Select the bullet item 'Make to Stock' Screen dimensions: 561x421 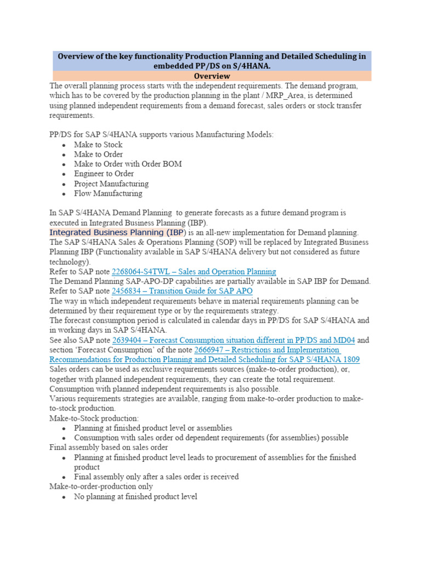[x=98, y=145]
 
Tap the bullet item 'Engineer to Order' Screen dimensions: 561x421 [x=104, y=174]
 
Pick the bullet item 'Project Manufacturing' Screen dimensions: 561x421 [x=111, y=184]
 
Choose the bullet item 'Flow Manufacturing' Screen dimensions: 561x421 [x=108, y=193]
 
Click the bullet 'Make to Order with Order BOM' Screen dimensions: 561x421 [x=128, y=164]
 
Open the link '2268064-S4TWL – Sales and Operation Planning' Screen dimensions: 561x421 [x=194, y=271]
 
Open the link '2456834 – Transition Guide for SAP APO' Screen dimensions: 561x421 [x=182, y=290]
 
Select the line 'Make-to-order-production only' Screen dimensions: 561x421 [x=101, y=486]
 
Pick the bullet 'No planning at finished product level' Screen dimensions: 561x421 [x=135, y=496]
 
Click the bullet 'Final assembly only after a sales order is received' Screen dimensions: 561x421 [x=156, y=477]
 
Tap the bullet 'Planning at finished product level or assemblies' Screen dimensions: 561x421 [x=153, y=428]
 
